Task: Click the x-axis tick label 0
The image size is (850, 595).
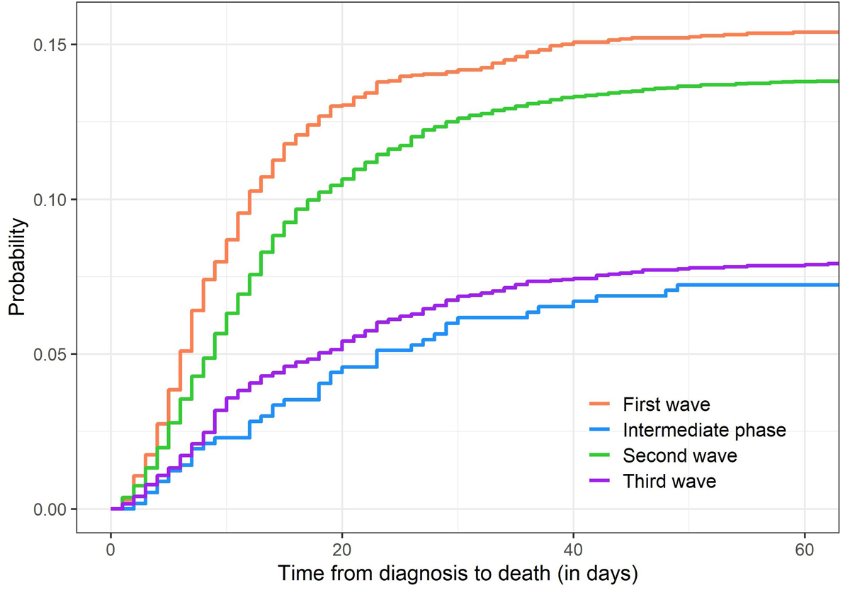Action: (x=110, y=549)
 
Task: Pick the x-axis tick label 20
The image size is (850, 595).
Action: (x=342, y=549)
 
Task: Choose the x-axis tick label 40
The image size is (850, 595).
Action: (x=573, y=549)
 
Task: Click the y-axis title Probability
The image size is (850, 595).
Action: (x=18, y=266)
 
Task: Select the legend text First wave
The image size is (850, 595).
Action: (x=666, y=405)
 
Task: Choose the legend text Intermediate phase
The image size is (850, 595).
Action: (x=704, y=430)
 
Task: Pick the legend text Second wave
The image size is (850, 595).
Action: (x=679, y=455)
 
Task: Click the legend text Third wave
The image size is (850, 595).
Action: (x=669, y=482)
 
